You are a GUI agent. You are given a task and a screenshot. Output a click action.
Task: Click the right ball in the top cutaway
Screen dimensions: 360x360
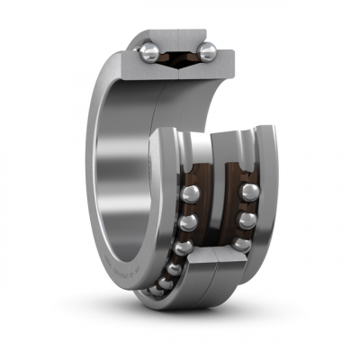(207, 53)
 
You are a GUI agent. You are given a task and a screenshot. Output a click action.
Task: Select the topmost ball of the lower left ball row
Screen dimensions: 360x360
(190, 194)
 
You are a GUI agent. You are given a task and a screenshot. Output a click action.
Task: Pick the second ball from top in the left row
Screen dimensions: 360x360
(188, 222)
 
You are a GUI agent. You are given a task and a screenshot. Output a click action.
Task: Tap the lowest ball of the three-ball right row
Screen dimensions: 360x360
(240, 244)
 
